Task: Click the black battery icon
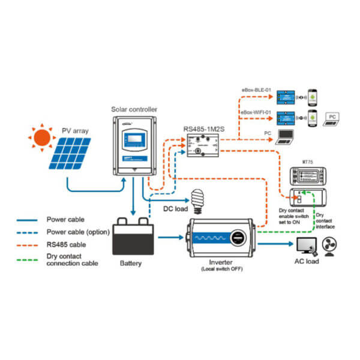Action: pyautogui.click(x=134, y=236)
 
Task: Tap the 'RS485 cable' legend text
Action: pyautogui.click(x=66, y=244)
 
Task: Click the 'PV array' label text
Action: pyautogui.click(x=74, y=130)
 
